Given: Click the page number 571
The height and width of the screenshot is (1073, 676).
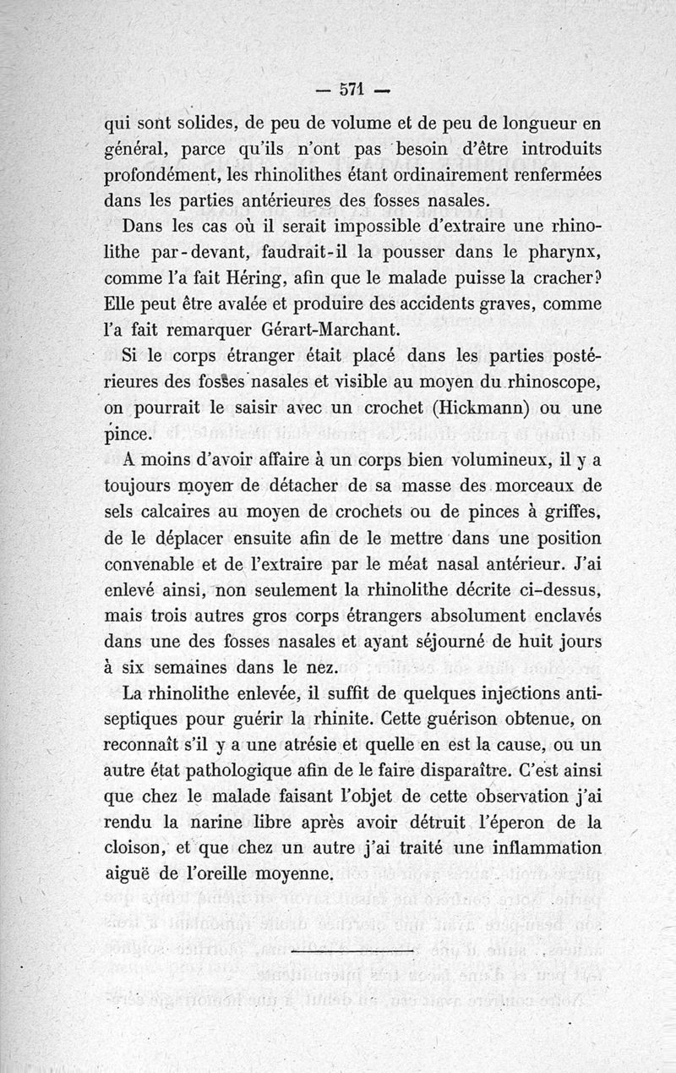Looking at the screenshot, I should pyautogui.click(x=351, y=87).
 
